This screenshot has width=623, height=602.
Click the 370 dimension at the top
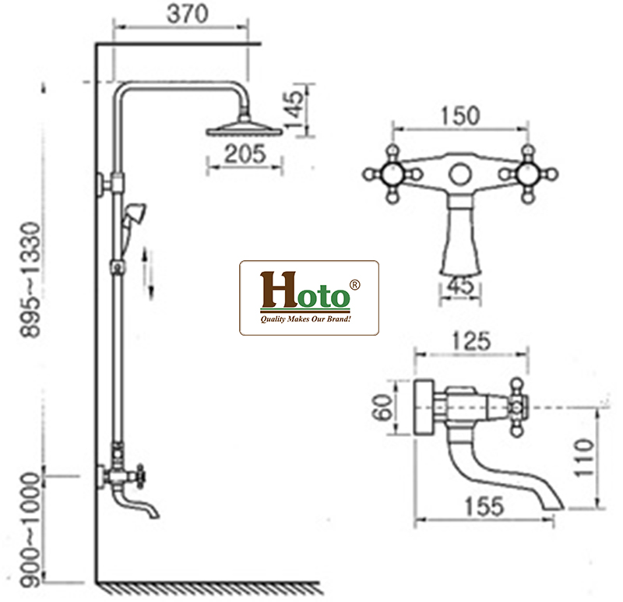pyautogui.click(x=187, y=13)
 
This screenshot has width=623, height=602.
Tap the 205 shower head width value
pyautogui.click(x=245, y=153)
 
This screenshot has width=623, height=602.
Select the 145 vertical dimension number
pyautogui.click(x=294, y=110)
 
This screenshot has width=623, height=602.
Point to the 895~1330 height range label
pyautogui.click(x=30, y=280)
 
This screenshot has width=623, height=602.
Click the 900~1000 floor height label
pyautogui.click(x=30, y=530)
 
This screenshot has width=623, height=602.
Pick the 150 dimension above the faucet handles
pyautogui.click(x=460, y=116)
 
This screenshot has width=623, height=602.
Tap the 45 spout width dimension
pyautogui.click(x=461, y=285)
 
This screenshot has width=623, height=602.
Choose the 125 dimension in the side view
pyautogui.click(x=471, y=341)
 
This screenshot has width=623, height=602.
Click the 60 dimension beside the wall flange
pyautogui.click(x=382, y=407)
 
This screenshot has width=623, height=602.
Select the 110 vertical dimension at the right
pyautogui.click(x=583, y=457)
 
